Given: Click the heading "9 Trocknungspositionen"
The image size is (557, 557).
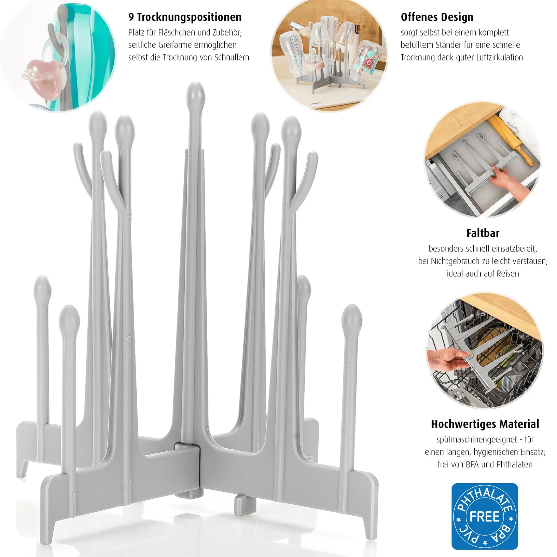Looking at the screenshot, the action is pos(185,17).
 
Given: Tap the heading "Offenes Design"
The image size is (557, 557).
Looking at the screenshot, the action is pos(437,17).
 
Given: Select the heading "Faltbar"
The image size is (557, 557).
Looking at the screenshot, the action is pos(483,233).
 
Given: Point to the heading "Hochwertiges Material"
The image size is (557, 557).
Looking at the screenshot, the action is pos(485,424).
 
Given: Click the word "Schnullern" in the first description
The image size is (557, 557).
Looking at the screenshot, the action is pos(232,58).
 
